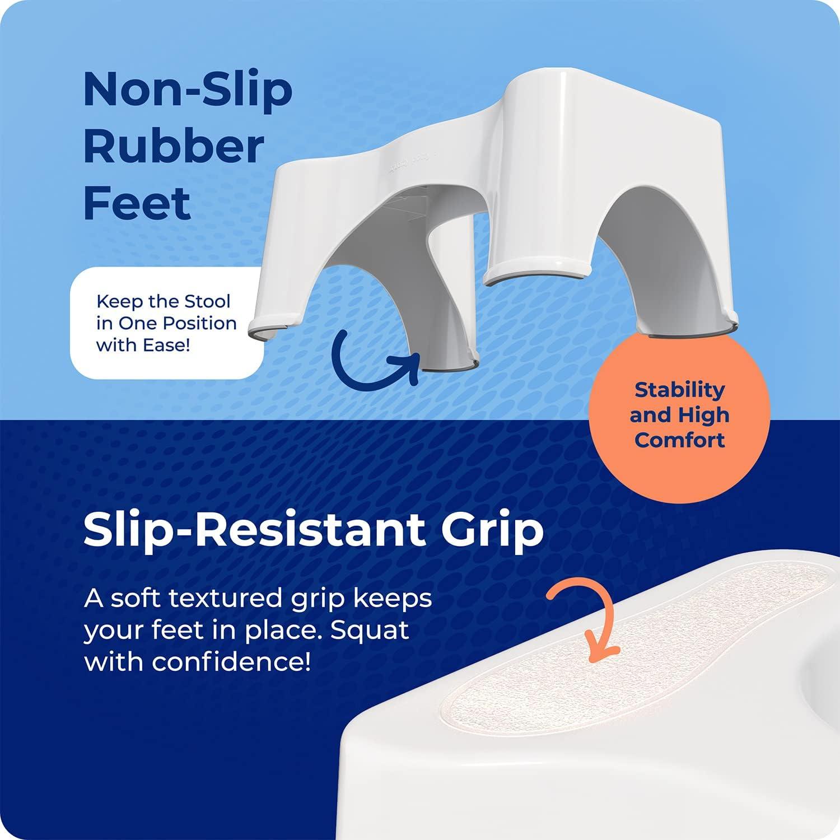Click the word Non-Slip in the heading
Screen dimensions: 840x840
tap(188, 90)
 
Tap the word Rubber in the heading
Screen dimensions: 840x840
tap(174, 146)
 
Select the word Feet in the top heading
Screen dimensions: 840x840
tap(137, 203)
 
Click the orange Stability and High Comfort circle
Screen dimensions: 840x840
tap(679, 414)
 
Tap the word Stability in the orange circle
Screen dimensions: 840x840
tap(679, 389)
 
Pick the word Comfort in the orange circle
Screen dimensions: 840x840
tap(679, 440)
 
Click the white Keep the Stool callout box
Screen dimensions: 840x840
tap(167, 323)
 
